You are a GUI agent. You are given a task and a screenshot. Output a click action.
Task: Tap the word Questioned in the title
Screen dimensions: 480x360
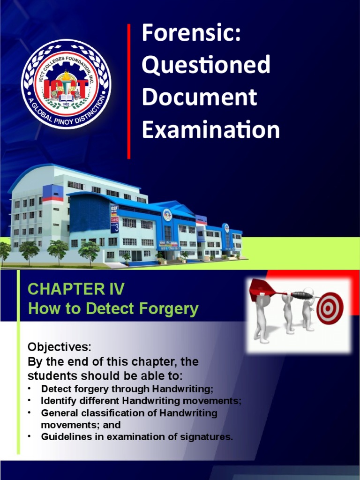(206, 65)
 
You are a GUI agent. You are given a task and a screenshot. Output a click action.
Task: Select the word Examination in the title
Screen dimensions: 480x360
(210, 129)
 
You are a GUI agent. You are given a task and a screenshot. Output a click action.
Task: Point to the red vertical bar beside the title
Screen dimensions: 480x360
(129, 91)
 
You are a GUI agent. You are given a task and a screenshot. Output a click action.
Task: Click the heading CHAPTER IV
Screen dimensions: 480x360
(75, 289)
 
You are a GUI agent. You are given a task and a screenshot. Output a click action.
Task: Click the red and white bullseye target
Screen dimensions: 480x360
(330, 308)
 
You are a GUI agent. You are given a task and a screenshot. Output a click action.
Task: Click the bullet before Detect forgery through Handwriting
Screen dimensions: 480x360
(29, 388)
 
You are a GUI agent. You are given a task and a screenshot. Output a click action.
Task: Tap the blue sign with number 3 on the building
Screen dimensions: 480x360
(114, 218)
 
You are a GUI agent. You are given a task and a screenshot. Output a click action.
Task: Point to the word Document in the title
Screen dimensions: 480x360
(199, 97)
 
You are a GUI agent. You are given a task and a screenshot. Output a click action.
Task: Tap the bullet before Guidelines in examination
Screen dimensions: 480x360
(29, 436)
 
